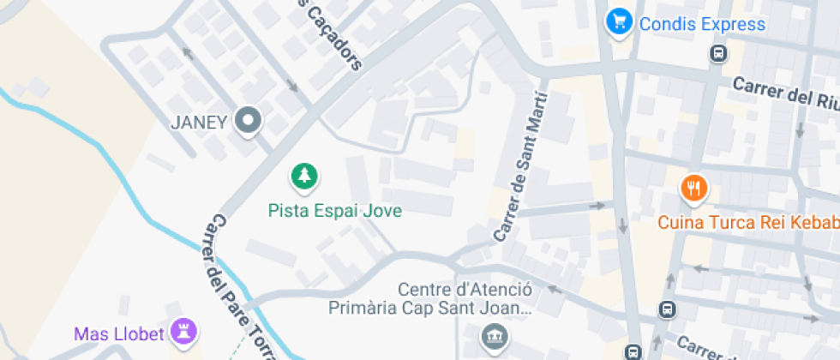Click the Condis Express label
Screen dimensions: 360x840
click(702, 23)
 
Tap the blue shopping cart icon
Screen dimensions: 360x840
click(618, 22)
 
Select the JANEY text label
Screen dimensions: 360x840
click(198, 122)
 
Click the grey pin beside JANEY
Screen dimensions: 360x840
click(249, 122)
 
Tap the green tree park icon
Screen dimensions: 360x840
click(303, 177)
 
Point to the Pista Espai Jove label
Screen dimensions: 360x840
click(334, 210)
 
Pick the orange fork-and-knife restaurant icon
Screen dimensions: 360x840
click(693, 187)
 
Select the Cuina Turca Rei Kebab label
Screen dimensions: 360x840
click(748, 223)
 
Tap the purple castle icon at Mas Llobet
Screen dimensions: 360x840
click(183, 330)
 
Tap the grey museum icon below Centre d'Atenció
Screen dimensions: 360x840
click(494, 335)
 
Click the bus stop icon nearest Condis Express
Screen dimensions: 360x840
click(718, 54)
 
